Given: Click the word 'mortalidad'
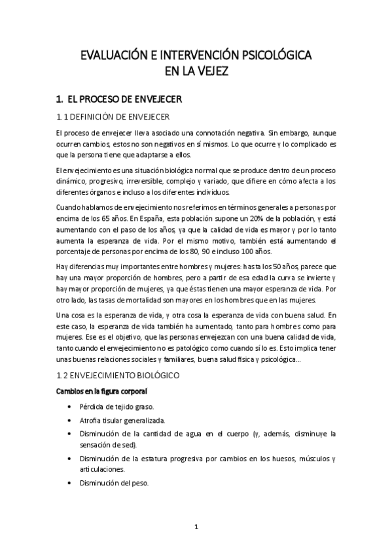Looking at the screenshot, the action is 162,301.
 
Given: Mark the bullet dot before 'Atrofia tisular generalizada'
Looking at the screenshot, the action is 70,421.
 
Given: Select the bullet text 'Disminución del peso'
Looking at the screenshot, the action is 115,483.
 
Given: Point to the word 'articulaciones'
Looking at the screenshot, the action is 101,469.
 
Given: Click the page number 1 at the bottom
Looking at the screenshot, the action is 196,526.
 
